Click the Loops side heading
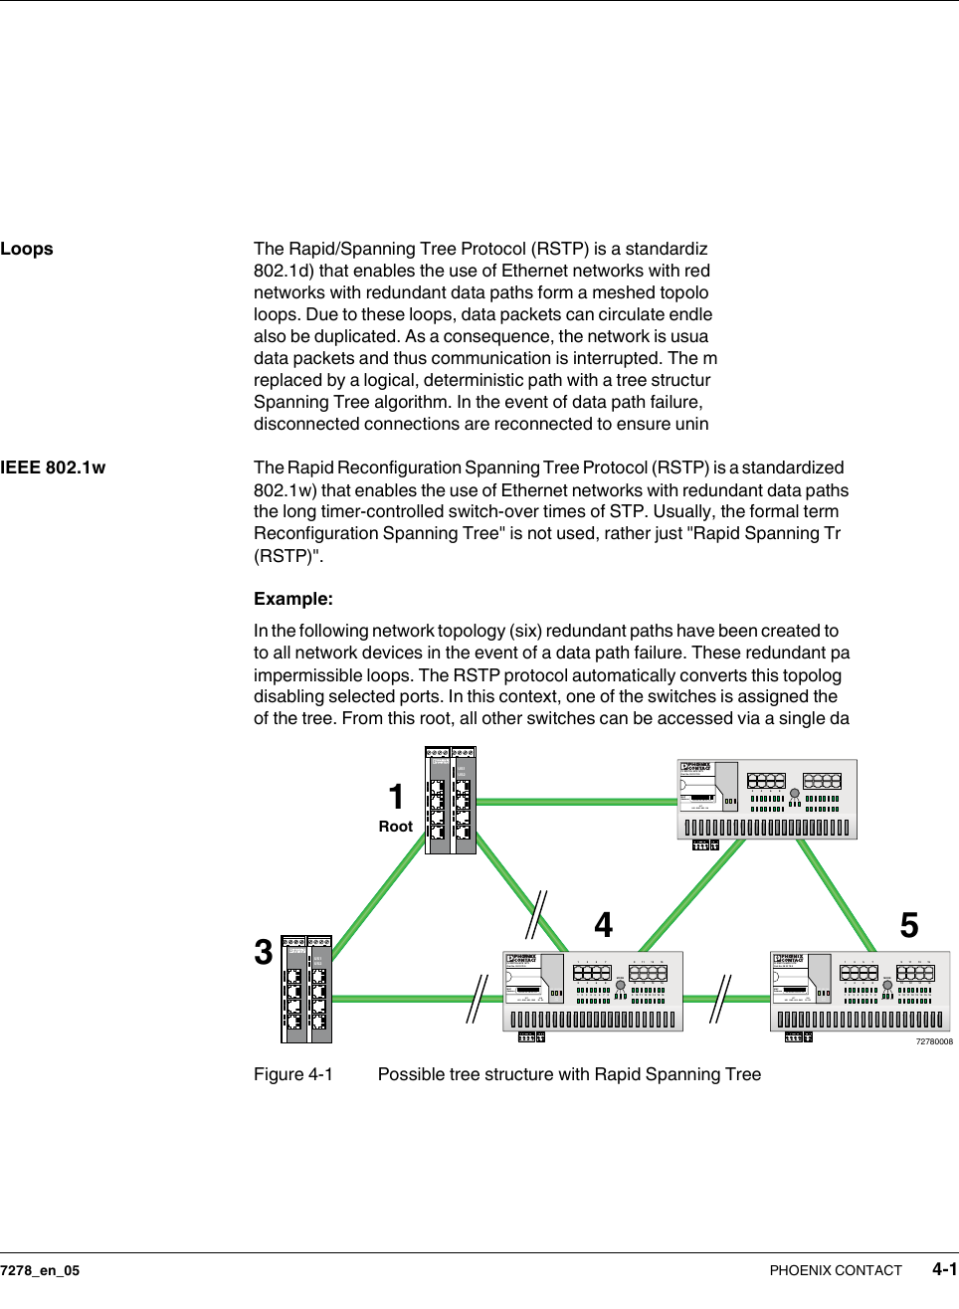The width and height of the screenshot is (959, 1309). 27,249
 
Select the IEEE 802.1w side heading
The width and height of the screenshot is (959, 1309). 53,467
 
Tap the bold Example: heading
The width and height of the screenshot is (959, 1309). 293,599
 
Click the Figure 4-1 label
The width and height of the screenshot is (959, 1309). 293,1074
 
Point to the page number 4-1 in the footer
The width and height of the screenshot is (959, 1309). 944,1269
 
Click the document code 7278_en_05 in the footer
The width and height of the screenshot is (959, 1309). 40,1270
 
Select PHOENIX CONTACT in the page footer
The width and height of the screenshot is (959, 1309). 836,1270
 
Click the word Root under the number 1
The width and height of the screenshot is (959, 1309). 395,827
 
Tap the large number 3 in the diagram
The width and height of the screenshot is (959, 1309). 264,953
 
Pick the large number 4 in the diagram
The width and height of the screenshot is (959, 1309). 604,926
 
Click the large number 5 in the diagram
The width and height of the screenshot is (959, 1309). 909,926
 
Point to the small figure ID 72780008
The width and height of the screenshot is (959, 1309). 934,1041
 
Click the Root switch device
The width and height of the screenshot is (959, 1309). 451,801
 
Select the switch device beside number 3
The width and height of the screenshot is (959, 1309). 306,989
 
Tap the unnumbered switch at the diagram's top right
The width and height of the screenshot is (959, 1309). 767,800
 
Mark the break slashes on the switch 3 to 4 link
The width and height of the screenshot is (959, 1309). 479,999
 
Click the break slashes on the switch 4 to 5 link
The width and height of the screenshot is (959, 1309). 721,999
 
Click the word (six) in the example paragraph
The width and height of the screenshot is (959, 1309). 524,631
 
